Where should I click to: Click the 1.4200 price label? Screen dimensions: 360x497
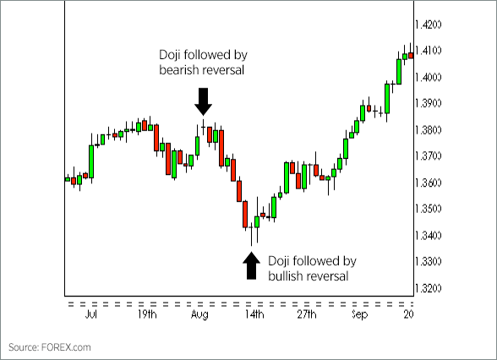tap(434, 24)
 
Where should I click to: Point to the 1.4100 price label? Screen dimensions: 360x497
tap(434, 51)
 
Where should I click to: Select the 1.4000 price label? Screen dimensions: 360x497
tap(434, 77)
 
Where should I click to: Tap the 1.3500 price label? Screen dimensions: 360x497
tap(434, 209)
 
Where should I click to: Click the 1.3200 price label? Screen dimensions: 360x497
tap(434, 288)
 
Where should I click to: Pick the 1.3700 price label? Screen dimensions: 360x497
tap(434, 156)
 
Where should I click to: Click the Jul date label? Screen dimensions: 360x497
tap(91, 314)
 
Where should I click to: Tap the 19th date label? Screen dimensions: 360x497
tap(145, 314)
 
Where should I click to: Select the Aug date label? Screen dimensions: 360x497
tap(199, 314)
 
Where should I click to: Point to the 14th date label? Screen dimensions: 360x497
tap(254, 314)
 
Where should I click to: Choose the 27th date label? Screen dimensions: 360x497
tap(306, 314)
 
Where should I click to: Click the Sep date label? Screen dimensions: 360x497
tap(361, 314)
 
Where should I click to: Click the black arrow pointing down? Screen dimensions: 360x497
tap(203, 101)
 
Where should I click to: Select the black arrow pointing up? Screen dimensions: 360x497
tap(251, 265)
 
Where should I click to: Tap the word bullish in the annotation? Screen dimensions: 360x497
tap(286, 275)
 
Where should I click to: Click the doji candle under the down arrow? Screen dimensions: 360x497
tap(203, 129)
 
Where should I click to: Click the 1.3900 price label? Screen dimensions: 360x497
tap(434, 103)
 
